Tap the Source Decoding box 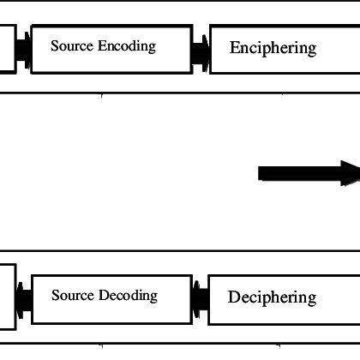pos(111,298)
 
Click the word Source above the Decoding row pos(71,45)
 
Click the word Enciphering pos(273,48)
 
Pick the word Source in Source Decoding pos(72,296)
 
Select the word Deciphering pos(272,298)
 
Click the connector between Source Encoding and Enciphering pos(200,51)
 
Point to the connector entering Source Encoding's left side pos(24,51)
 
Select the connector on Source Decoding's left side pos(24,299)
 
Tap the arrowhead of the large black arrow pos(350,173)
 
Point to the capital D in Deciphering pos(233,297)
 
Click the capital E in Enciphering pos(235,48)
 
